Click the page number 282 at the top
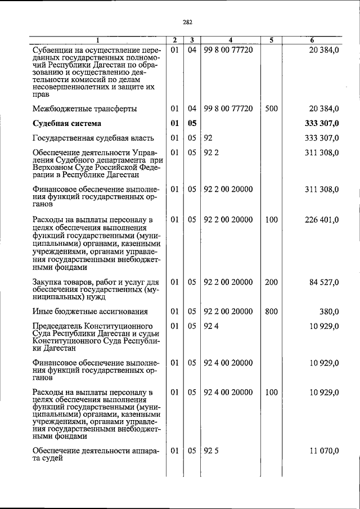(x=187, y=22)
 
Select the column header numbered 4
(x=231, y=40)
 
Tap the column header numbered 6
(x=312, y=40)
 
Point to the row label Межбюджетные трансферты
(x=84, y=108)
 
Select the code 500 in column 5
(x=271, y=108)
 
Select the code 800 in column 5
(x=271, y=311)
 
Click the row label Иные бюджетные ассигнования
(x=90, y=311)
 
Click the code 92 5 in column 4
(x=211, y=451)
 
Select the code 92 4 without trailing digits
(x=211, y=326)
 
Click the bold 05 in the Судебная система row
(x=192, y=123)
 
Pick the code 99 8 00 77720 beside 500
(x=228, y=108)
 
